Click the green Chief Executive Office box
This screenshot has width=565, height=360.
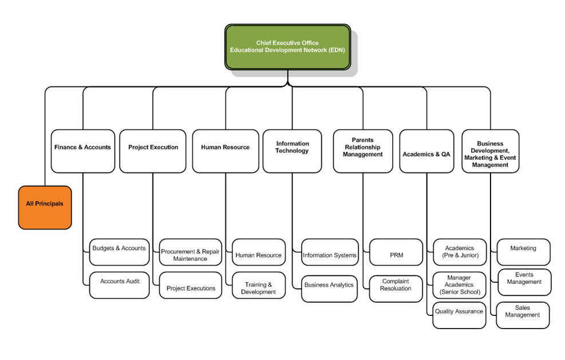pyautogui.click(x=287, y=47)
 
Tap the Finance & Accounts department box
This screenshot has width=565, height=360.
pyautogui.click(x=82, y=151)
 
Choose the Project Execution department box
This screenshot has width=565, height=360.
pyautogui.click(x=153, y=151)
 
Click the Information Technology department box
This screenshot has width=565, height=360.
pyautogui.click(x=292, y=151)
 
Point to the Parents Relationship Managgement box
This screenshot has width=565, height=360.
pyautogui.click(x=362, y=151)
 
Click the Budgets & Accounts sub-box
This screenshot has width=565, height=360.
pyautogui.click(x=119, y=252)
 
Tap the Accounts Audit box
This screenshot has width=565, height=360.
pyautogui.click(x=120, y=284)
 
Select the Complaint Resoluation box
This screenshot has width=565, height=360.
pyautogui.click(x=396, y=285)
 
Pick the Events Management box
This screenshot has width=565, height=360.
pyautogui.click(x=524, y=282)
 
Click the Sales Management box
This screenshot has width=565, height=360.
pyautogui.click(x=523, y=315)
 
